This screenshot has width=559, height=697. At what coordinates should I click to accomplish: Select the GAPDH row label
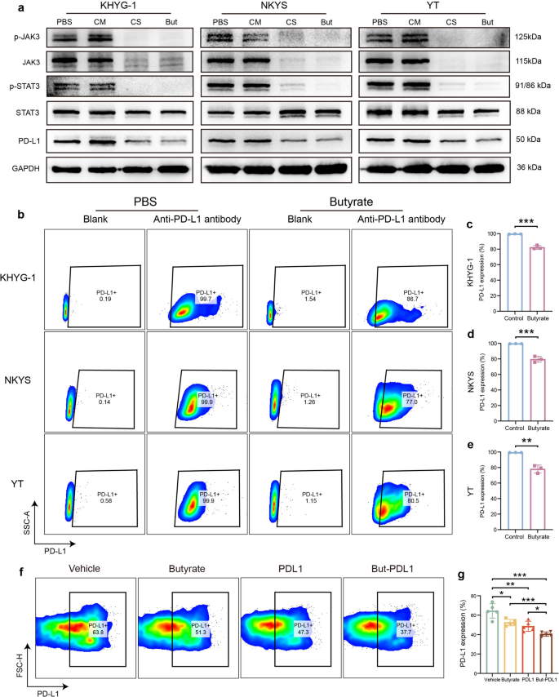pyautogui.click(x=24, y=170)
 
